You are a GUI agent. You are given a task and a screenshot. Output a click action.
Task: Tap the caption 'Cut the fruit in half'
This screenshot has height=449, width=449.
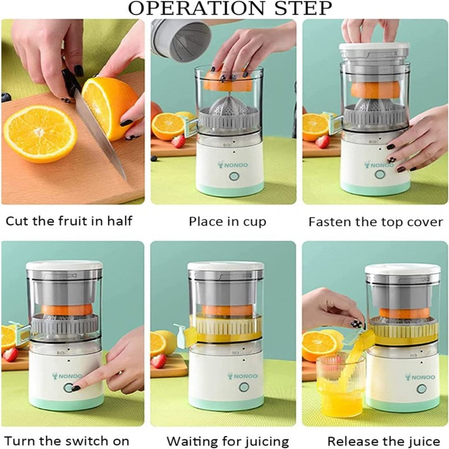[x=69, y=221]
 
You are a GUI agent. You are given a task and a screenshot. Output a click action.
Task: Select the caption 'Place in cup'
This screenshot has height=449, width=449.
[x=227, y=221]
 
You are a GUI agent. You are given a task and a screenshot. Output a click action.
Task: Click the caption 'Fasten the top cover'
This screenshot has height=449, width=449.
[x=375, y=221]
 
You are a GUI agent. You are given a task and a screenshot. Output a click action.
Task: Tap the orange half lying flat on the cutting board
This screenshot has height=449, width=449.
[x=40, y=134]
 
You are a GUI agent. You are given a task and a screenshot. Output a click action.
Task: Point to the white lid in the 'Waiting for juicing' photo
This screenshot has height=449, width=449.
[x=226, y=266]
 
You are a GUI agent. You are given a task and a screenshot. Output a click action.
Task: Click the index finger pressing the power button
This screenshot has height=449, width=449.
[x=84, y=384]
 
